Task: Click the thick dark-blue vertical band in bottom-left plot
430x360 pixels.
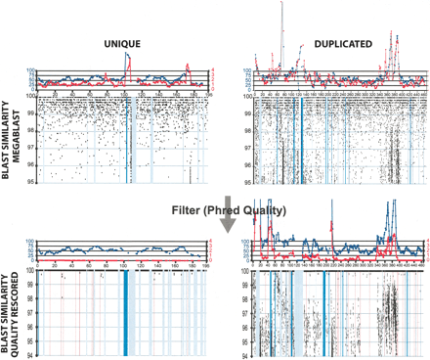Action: [x=125, y=313]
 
